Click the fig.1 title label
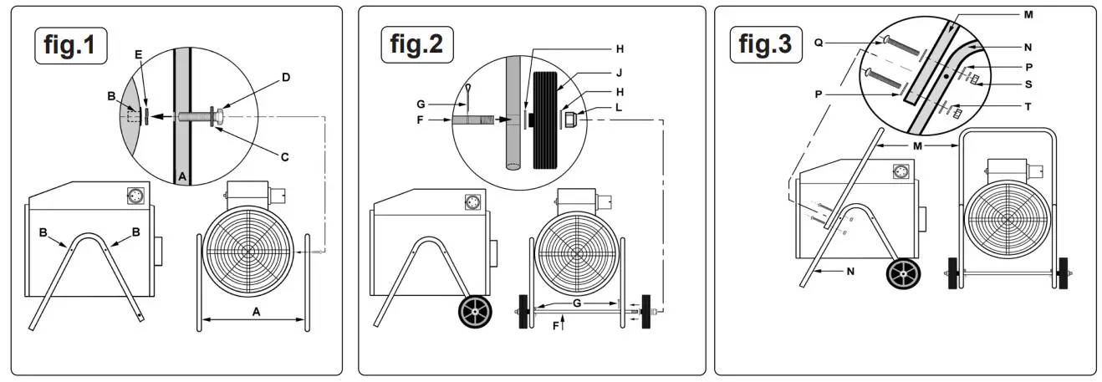coord(71,45)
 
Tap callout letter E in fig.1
coord(139,53)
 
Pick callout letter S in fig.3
coord(1028,84)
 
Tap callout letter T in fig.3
coord(1028,107)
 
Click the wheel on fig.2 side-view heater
coord(474,313)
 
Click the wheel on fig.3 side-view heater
coord(905,272)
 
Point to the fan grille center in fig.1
coord(248,250)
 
